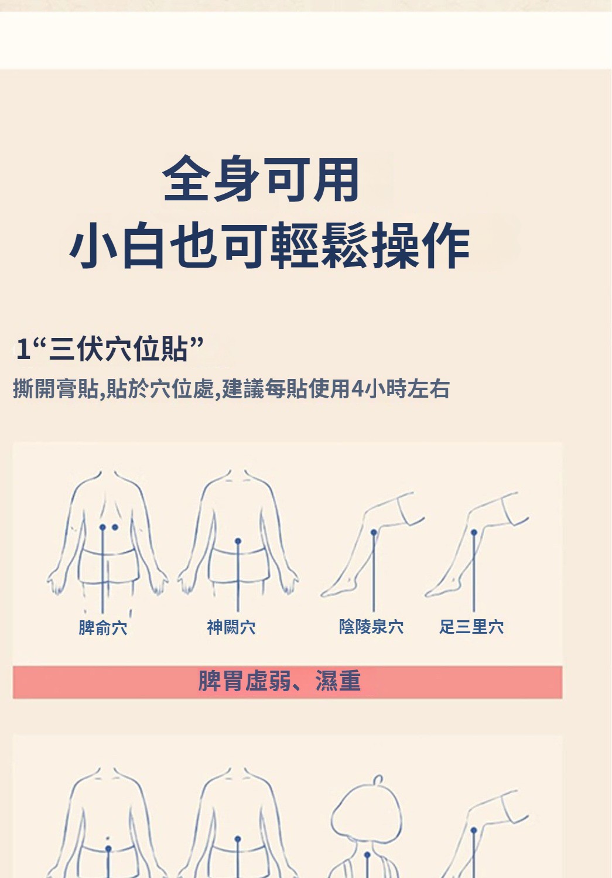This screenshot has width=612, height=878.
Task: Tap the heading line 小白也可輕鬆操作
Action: pyautogui.click(x=269, y=245)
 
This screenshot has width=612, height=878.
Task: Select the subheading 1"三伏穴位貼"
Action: pyautogui.click(x=110, y=349)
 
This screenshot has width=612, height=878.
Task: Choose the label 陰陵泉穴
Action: pyautogui.click(x=371, y=626)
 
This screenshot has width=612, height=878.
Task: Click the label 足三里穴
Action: pyautogui.click(x=471, y=626)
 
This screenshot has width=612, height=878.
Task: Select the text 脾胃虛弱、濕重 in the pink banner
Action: pyautogui.click(x=279, y=681)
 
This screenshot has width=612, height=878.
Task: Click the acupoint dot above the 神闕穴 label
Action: pyautogui.click(x=238, y=541)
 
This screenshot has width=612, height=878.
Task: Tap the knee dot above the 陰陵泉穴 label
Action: pyautogui.click(x=374, y=532)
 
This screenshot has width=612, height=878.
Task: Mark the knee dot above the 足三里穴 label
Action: pyautogui.click(x=474, y=532)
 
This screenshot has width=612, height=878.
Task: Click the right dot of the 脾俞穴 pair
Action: pyautogui.click(x=115, y=527)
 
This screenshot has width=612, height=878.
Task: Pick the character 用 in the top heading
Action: pyautogui.click(x=336, y=179)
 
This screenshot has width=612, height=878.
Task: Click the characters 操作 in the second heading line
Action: pyautogui.click(x=421, y=245)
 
